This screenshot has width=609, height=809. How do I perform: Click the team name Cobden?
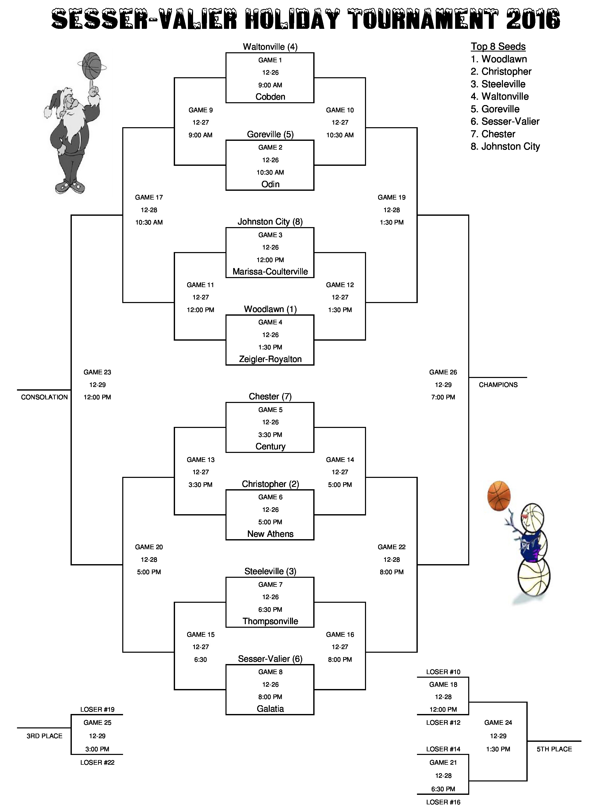point(270,97)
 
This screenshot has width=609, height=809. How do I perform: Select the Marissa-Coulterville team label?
point(270,272)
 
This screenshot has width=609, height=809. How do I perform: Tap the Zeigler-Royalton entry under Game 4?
point(270,359)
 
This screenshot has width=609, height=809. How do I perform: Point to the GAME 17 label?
point(149,197)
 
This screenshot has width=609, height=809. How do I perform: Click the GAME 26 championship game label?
point(443,372)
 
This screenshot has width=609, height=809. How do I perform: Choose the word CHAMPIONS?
point(498,385)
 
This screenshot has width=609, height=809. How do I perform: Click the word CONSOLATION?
point(44,397)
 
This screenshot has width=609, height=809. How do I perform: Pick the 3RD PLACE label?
point(44,736)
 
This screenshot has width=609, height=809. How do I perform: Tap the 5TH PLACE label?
point(554,749)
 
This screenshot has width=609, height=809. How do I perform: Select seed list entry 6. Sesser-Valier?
point(505,122)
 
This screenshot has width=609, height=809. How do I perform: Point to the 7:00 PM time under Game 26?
point(443,397)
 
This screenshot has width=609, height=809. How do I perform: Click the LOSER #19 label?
point(97,710)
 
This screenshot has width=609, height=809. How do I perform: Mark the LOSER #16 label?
point(443,802)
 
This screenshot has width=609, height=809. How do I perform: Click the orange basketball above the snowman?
point(499,496)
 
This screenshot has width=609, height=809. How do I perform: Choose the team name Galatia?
point(270,709)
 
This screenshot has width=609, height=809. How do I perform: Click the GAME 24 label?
point(498,723)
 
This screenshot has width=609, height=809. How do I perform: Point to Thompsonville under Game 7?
point(270,621)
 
